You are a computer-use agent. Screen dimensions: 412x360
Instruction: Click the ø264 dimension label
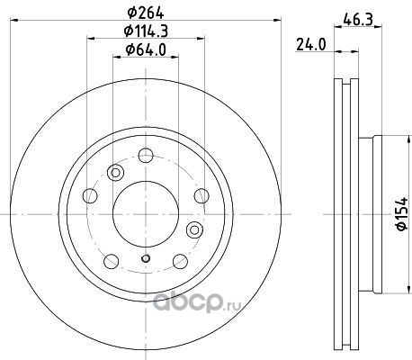(x=146, y=13)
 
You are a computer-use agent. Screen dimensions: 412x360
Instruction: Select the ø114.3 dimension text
(x=146, y=31)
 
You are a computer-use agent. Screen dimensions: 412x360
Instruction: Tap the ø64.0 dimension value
(x=146, y=49)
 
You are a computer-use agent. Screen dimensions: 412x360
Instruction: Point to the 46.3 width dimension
(x=358, y=21)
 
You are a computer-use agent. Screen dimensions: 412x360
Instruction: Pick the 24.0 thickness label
(x=311, y=45)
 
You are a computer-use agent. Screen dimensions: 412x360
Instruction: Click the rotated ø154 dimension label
(x=402, y=213)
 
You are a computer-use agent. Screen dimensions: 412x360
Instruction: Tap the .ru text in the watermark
(x=232, y=305)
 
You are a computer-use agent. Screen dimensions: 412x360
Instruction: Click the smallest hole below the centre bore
(x=146, y=258)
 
